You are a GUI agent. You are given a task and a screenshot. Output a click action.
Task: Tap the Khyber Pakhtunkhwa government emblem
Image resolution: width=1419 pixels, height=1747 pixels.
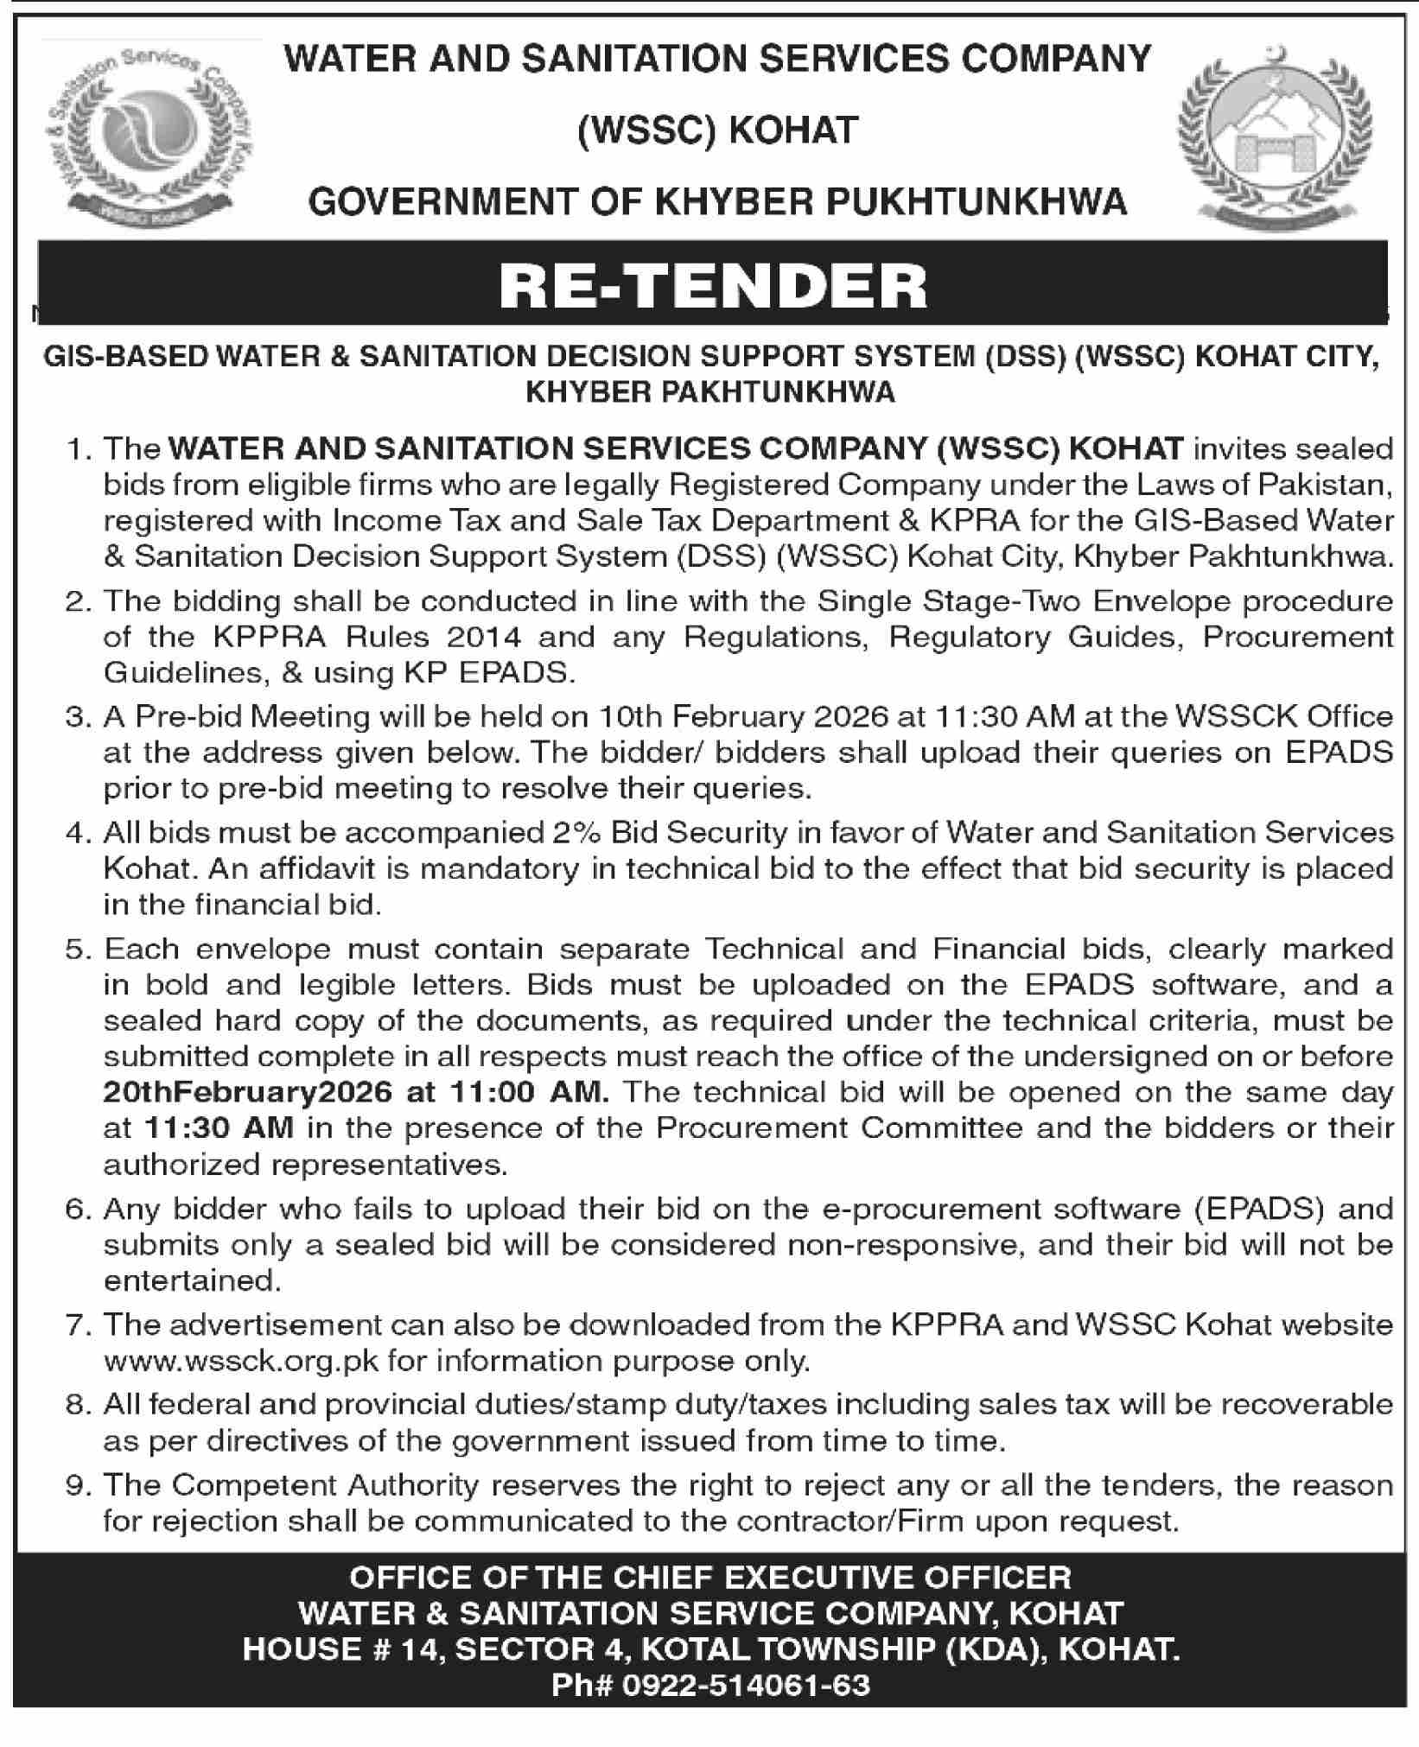(1276, 137)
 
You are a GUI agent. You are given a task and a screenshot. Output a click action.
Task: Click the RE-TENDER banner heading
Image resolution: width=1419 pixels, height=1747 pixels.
(713, 286)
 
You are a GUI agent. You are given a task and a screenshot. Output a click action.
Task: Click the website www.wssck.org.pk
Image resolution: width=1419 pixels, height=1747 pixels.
(242, 1363)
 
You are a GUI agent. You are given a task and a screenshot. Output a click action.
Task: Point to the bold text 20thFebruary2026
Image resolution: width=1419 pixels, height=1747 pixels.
(247, 1092)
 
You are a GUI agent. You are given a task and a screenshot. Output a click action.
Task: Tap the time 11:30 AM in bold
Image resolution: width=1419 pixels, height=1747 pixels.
(219, 1128)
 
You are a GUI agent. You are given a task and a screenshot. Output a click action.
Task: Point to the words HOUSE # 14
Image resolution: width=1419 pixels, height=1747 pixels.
(341, 1649)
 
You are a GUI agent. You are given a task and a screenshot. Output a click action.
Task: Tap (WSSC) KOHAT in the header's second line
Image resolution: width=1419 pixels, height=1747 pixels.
(717, 130)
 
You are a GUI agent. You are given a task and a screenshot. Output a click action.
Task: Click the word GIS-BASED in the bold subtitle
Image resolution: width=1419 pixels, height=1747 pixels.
(126, 357)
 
